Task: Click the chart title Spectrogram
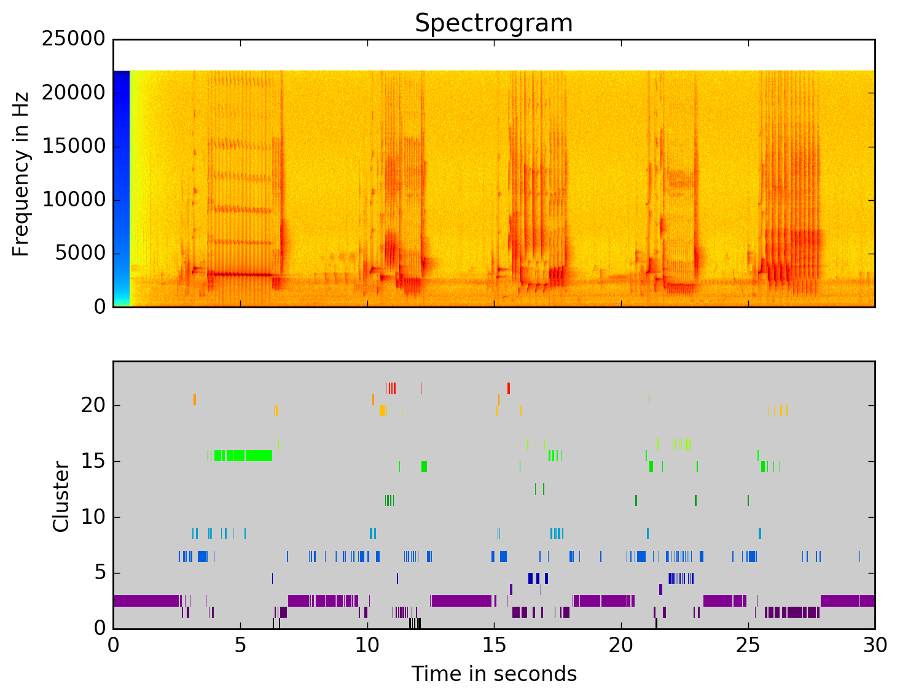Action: [x=493, y=23]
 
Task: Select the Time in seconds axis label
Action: [x=493, y=674]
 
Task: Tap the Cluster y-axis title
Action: [x=61, y=496]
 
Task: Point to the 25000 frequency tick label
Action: [x=73, y=39]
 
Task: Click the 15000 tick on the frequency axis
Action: [x=73, y=147]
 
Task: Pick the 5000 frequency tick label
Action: [x=80, y=254]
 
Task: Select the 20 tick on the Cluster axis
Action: [x=93, y=406]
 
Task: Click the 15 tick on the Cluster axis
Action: [x=93, y=462]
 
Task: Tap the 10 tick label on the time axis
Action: [x=367, y=646]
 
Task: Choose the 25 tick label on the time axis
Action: [x=748, y=646]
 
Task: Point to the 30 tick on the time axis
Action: [x=875, y=646]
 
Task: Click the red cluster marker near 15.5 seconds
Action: [x=509, y=388]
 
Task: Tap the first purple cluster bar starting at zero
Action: [x=146, y=601]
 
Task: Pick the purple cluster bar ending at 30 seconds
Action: [x=848, y=601]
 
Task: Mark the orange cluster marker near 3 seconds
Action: [x=195, y=400]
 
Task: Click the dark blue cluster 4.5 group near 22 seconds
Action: [x=680, y=578]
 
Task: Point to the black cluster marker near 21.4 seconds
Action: [x=656, y=623]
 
